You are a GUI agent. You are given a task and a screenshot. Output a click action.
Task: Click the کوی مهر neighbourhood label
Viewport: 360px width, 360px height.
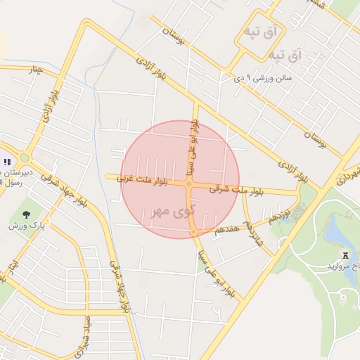point(172,210)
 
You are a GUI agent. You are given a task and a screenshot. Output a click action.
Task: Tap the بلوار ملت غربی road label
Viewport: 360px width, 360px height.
point(143,181)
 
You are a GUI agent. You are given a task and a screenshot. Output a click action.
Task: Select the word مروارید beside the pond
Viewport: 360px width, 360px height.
point(339,267)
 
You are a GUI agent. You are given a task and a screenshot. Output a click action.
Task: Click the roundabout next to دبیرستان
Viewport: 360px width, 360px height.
point(25,158)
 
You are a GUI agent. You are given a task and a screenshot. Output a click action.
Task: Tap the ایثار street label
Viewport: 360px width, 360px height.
point(13,270)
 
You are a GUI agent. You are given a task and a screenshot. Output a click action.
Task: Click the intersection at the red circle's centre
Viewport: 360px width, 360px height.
point(190,184)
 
